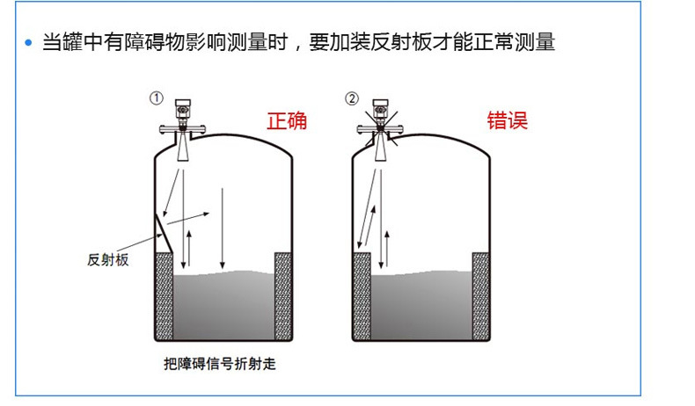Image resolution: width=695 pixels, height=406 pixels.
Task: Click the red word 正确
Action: point(287,120)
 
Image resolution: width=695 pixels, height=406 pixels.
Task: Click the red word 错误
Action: point(508,120)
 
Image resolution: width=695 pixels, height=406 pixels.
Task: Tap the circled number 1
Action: point(157,98)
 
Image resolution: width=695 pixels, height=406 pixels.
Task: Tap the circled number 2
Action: point(353,98)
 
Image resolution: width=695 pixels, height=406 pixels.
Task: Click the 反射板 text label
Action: point(109,259)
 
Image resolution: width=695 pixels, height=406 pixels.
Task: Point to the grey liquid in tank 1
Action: point(224,308)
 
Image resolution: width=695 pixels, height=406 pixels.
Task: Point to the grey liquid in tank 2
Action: point(421,308)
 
